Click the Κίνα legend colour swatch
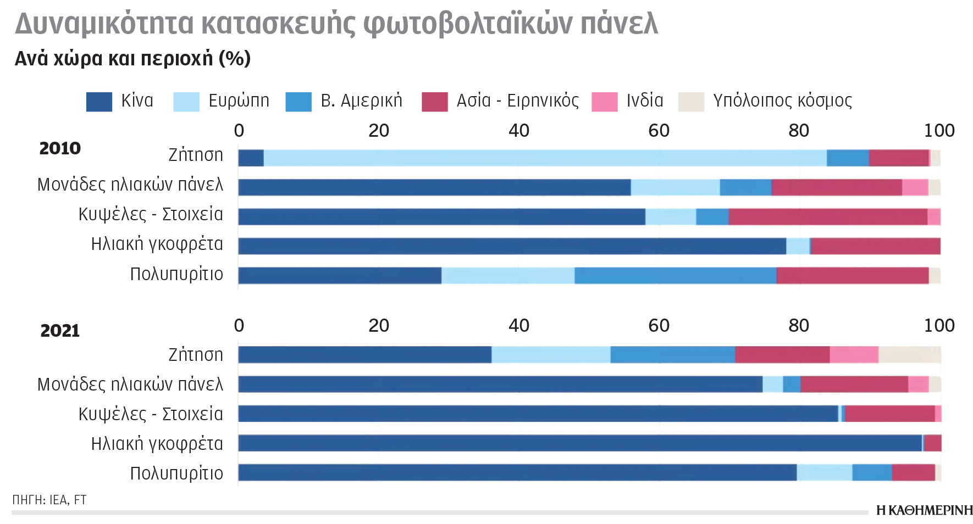click(x=99, y=102)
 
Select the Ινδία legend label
click(x=645, y=101)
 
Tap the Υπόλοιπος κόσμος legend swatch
click(x=691, y=102)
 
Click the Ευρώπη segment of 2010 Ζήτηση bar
click(x=544, y=158)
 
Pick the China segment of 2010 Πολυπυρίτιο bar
click(x=340, y=276)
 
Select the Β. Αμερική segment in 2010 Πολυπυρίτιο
click(x=675, y=276)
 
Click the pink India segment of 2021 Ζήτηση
click(x=854, y=355)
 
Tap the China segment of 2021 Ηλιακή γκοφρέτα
click(x=580, y=443)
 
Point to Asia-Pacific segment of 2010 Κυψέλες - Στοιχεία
click(x=827, y=217)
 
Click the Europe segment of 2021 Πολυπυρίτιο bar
click(x=824, y=473)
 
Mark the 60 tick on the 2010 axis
click(x=659, y=131)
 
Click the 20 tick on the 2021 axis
click(x=379, y=326)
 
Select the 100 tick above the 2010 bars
click(x=939, y=131)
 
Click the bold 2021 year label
click(x=60, y=331)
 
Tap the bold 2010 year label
click(x=60, y=148)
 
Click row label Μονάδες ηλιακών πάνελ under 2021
click(x=130, y=384)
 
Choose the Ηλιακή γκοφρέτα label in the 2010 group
click(x=157, y=244)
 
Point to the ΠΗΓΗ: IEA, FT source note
click(x=49, y=500)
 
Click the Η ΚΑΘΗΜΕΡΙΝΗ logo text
click(x=924, y=510)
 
